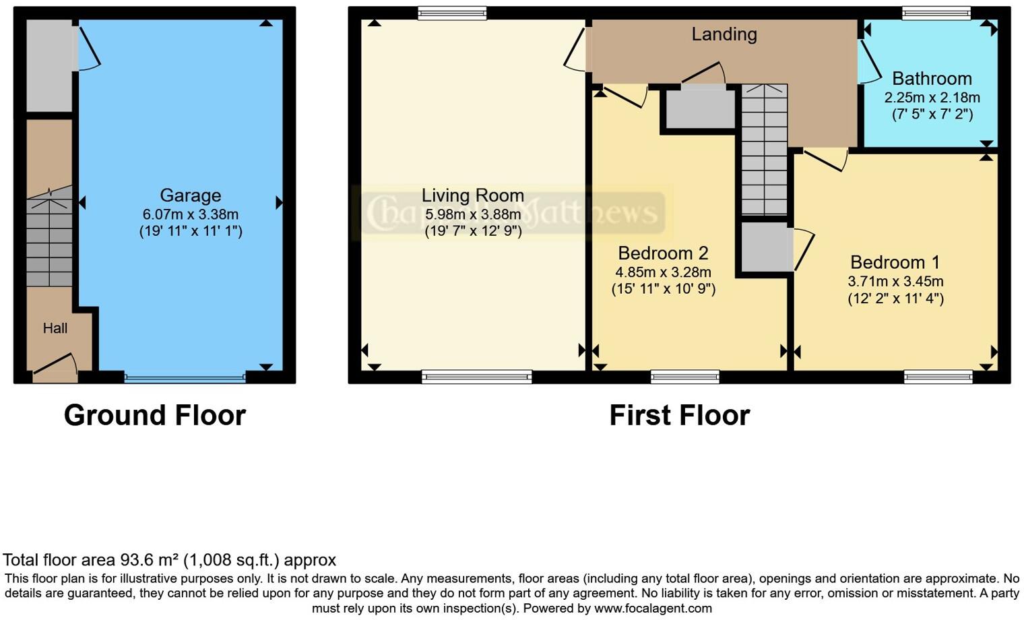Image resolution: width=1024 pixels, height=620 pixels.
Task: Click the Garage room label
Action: coord(190,195)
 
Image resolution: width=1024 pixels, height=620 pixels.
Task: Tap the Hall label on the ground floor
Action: coord(55,328)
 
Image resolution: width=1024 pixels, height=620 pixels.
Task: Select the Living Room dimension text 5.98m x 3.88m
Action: coord(473,214)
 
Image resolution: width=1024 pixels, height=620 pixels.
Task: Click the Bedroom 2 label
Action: coord(663,253)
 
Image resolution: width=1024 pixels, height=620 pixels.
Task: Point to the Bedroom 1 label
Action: coord(895,262)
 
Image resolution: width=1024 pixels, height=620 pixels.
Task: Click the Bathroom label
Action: coord(932,78)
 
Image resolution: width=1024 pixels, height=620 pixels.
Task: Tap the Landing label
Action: coord(724,34)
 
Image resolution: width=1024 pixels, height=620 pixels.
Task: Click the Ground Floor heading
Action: coord(155,415)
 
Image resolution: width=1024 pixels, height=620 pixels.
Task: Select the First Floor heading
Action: coord(679,415)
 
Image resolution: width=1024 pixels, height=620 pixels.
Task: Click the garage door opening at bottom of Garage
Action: coord(185,378)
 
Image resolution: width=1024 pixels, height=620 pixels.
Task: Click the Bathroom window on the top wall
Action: coord(936,12)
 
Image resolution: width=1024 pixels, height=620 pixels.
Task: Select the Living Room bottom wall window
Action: coord(476,377)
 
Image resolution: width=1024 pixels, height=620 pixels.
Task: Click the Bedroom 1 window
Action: coord(938,377)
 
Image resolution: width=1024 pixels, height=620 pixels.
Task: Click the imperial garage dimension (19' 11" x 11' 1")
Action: coord(191,231)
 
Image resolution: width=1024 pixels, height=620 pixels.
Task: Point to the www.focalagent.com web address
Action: coord(653,608)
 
